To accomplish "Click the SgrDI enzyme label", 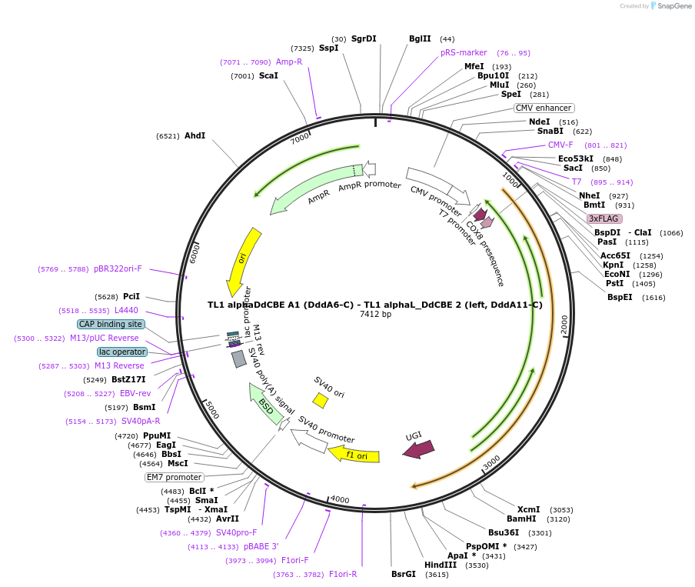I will point(364,38).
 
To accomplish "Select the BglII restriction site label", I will point(421,38).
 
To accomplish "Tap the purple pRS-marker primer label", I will point(464,52).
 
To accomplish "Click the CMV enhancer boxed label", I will point(544,108).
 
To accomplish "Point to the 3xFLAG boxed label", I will point(604,218).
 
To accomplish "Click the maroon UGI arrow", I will point(419,449).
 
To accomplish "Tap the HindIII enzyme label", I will point(440,565).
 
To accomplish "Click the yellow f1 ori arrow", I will point(354,455).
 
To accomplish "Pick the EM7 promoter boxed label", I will point(175,477).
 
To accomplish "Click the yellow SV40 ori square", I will point(320,400).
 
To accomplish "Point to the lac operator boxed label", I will point(121,352).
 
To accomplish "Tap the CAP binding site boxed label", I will point(111,324).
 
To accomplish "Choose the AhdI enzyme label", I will point(195,135).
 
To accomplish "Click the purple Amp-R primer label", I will point(289,62).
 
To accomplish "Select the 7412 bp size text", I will point(375,314).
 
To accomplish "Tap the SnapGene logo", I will point(667,6).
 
